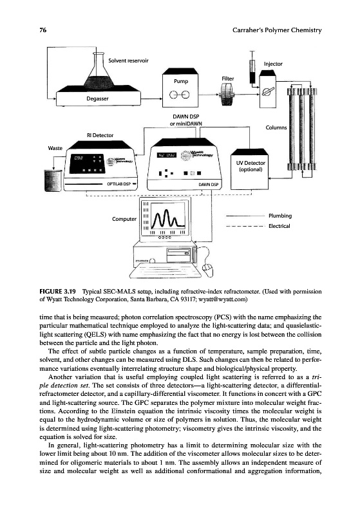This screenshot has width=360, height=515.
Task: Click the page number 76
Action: pos(43,30)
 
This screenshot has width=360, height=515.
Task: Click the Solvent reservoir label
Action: pos(128,61)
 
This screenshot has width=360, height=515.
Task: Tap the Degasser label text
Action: pos(97,98)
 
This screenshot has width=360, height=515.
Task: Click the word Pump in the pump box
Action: pos(181,81)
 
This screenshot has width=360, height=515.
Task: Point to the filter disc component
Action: pos(227,94)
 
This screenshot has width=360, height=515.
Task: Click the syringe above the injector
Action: pos(252,68)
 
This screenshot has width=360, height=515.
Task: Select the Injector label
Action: pos(273,64)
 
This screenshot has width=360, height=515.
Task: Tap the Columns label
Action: pos(276,127)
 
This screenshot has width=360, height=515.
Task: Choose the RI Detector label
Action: pos(100,135)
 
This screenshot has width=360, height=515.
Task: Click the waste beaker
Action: pos(53,180)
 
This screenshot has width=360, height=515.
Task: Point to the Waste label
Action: pos(55,148)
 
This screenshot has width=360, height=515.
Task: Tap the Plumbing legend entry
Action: pos(280,216)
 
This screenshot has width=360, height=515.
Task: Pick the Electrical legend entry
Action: pos(279,226)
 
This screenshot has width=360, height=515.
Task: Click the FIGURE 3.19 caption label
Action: pos(57,292)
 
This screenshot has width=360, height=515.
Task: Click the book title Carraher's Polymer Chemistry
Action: pos(277,30)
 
